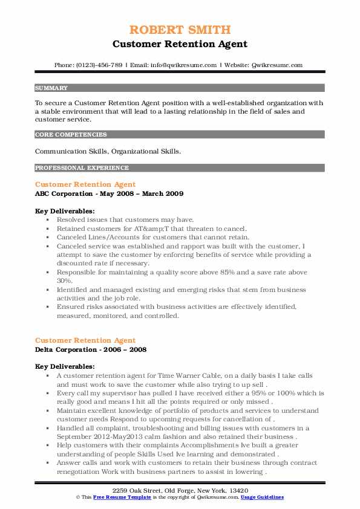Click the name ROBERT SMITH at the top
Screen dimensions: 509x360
180,30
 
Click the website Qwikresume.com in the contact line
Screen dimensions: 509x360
278,65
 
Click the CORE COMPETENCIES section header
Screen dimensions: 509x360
71,135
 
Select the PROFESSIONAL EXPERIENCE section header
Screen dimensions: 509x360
82,167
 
